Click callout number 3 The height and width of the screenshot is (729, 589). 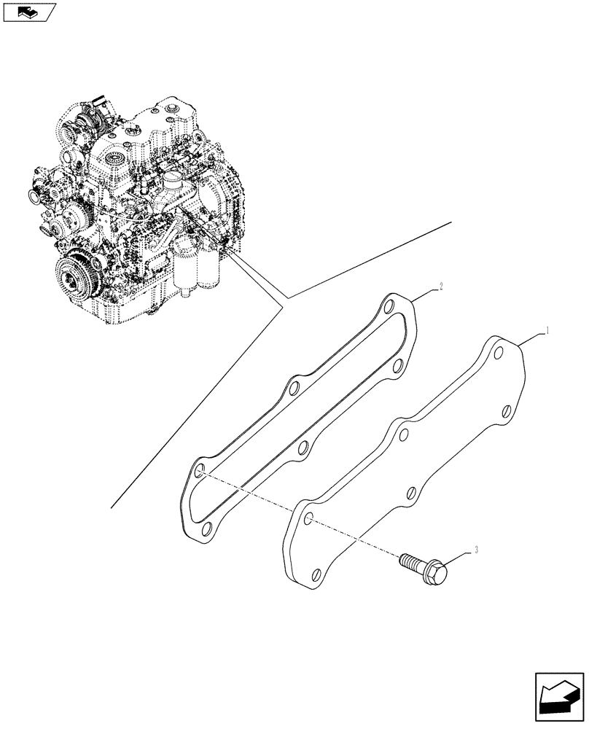pyautogui.click(x=476, y=551)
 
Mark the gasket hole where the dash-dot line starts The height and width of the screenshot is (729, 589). pyautogui.click(x=198, y=473)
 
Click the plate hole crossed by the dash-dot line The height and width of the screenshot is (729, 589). pyautogui.click(x=308, y=519)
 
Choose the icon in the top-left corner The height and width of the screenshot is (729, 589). pyautogui.click(x=28, y=12)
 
